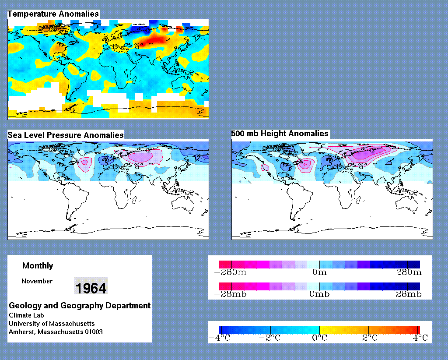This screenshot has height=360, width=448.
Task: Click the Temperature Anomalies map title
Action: point(53,14)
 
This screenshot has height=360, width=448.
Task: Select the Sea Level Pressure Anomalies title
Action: point(66,135)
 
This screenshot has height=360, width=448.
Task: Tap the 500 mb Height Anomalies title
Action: point(280,134)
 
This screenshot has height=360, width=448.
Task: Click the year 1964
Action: point(91,287)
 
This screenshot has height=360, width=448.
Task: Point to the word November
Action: point(37,281)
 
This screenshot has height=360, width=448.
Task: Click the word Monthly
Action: point(38,266)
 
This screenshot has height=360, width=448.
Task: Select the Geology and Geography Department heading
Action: point(80,306)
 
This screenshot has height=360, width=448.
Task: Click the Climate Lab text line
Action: point(26,315)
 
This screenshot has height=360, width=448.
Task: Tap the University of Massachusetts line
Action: point(52,324)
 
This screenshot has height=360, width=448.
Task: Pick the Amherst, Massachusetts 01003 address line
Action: point(56,332)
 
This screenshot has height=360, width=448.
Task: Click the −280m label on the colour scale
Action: point(230,272)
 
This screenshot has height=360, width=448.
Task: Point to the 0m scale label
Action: point(319,272)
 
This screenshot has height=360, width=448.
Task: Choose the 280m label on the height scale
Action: point(409,272)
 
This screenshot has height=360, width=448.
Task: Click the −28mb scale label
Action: point(230,294)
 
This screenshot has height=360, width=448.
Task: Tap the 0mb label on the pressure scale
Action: point(319,294)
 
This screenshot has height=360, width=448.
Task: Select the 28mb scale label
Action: point(409,294)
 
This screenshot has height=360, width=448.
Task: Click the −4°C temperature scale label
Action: point(219,338)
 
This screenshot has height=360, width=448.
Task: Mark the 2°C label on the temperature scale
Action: point(370,338)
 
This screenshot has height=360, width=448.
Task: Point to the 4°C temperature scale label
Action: point(420,338)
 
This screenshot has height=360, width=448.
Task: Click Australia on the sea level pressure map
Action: point(183,204)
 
